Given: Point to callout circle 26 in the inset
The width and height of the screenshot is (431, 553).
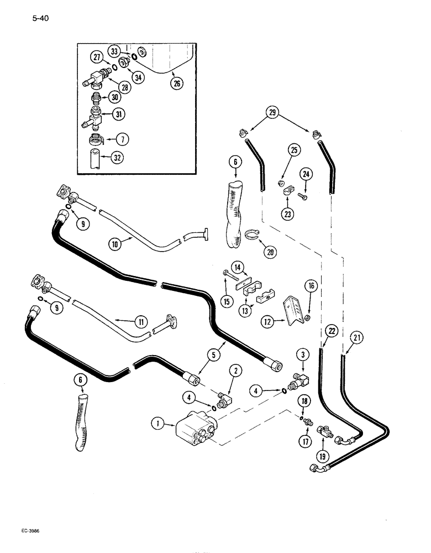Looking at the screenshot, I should pyautogui.click(x=177, y=84).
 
